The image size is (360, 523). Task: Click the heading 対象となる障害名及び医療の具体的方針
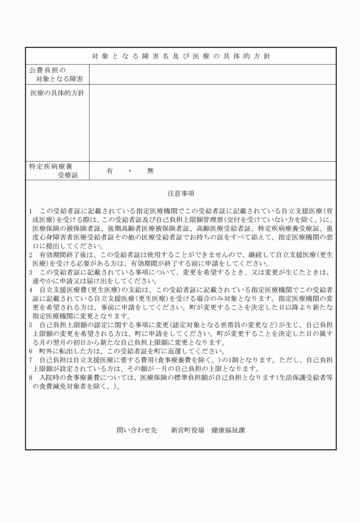181,56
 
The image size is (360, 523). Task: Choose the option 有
109,170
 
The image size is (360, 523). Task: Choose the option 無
150,170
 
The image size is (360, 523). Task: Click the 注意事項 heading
181,193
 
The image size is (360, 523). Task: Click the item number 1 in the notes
31,211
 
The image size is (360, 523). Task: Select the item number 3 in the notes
31,272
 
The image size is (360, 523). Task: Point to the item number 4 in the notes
31,290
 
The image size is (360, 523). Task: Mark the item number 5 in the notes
31,325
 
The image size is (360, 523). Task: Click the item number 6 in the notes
31,351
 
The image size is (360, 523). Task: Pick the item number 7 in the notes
31,360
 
